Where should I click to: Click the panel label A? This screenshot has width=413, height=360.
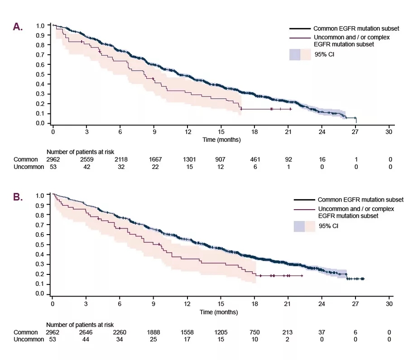pyautogui.click(x=18, y=27)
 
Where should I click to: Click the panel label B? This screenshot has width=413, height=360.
pyautogui.click(x=18, y=197)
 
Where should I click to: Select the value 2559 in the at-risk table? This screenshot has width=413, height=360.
pyautogui.click(x=86, y=159)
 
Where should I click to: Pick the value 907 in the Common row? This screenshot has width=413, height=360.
pyautogui.click(x=221, y=159)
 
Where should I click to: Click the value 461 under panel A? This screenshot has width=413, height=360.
pyautogui.click(x=255, y=159)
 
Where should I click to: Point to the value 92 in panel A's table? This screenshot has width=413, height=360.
pyautogui.click(x=288, y=159)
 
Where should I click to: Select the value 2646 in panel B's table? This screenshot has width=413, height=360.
pyautogui.click(x=86, y=332)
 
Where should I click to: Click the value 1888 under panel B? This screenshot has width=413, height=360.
pyautogui.click(x=154, y=332)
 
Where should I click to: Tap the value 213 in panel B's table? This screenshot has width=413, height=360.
pyautogui.click(x=288, y=332)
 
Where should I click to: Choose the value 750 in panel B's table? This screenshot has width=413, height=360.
pyautogui.click(x=255, y=332)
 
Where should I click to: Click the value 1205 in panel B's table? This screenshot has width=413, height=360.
pyautogui.click(x=221, y=332)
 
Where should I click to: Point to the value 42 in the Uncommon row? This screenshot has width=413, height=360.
pyautogui.click(x=86, y=167)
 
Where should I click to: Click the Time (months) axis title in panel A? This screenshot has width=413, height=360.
pyautogui.click(x=221, y=140)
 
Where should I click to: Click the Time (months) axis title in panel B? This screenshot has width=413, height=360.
pyautogui.click(x=219, y=312)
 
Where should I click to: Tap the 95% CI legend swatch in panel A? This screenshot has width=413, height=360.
pyautogui.click(x=300, y=55)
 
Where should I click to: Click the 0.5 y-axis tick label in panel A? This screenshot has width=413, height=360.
pyautogui.click(x=41, y=74)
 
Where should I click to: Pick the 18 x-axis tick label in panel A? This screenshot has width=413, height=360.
pyautogui.click(x=255, y=132)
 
